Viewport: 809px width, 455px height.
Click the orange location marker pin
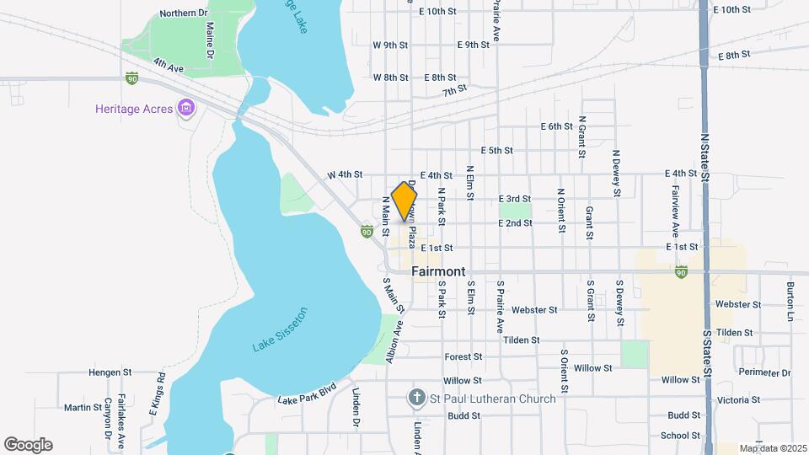(404, 201)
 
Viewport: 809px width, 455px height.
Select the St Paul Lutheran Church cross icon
(415, 398)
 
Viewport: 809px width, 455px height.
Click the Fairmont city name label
(438, 272)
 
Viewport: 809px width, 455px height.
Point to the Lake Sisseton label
(281, 329)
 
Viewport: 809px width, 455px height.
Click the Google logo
(28, 445)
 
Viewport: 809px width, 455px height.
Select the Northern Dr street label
(184, 13)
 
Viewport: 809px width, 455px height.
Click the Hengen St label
(111, 372)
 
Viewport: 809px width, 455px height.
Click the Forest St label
(463, 357)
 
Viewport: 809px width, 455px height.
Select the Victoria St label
(737, 400)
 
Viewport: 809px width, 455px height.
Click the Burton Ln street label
(790, 301)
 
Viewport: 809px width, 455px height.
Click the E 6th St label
(556, 126)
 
